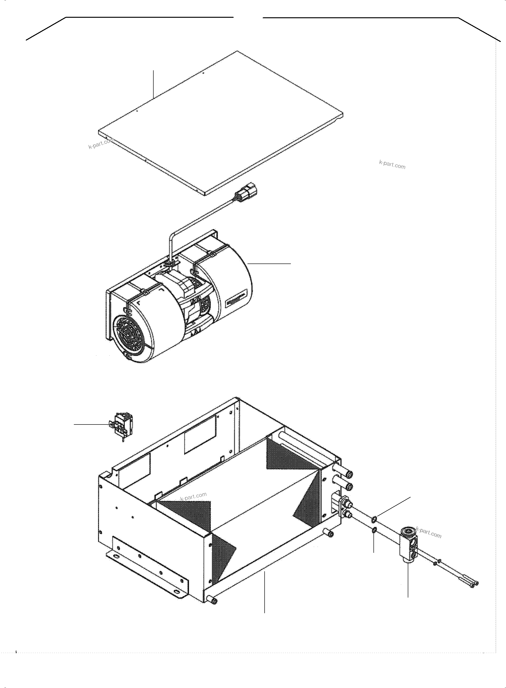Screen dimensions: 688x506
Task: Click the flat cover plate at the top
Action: pyautogui.click(x=221, y=123)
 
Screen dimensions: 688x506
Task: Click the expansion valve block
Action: pyautogui.click(x=408, y=545)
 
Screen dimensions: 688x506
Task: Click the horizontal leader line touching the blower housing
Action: pyautogui.click(x=270, y=263)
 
